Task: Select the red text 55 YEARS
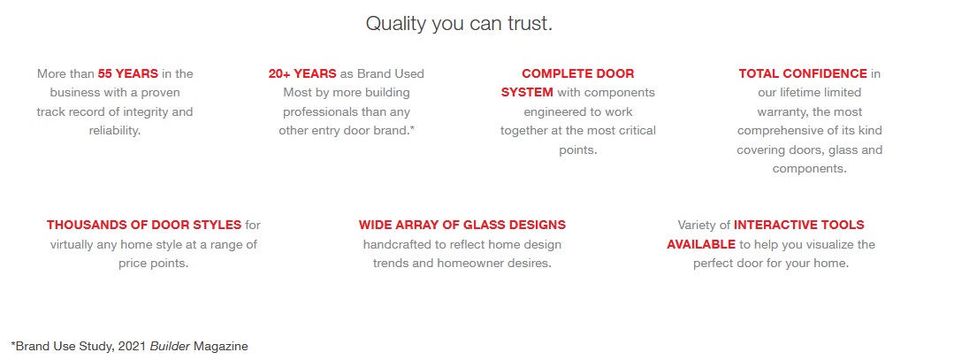[128, 73]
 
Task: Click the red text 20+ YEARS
[302, 73]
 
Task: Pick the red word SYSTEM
[528, 93]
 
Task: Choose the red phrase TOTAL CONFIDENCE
[803, 73]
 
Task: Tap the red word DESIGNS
[535, 225]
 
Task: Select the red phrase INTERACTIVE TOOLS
[799, 225]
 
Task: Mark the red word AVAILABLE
[701, 244]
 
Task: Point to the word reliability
[114, 131]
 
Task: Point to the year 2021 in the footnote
[133, 347]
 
